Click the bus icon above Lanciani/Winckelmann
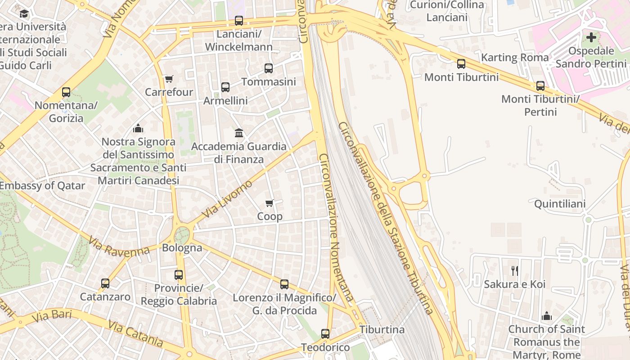239,21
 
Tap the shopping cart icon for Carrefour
169,79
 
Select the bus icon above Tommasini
269,68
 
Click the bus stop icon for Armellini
225,87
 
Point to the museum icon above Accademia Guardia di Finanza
239,133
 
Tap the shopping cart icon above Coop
270,203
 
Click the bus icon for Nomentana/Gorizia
66,93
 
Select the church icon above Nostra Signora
138,129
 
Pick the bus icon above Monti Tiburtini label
461,64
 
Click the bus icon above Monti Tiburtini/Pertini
540,85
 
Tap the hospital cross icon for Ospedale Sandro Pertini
591,37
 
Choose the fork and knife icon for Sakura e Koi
515,270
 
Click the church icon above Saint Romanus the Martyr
547,316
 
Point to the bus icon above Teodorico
325,334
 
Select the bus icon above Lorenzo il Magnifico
284,284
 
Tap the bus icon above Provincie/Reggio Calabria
179,274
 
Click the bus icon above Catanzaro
105,283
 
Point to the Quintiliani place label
560,204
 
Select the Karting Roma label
515,58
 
